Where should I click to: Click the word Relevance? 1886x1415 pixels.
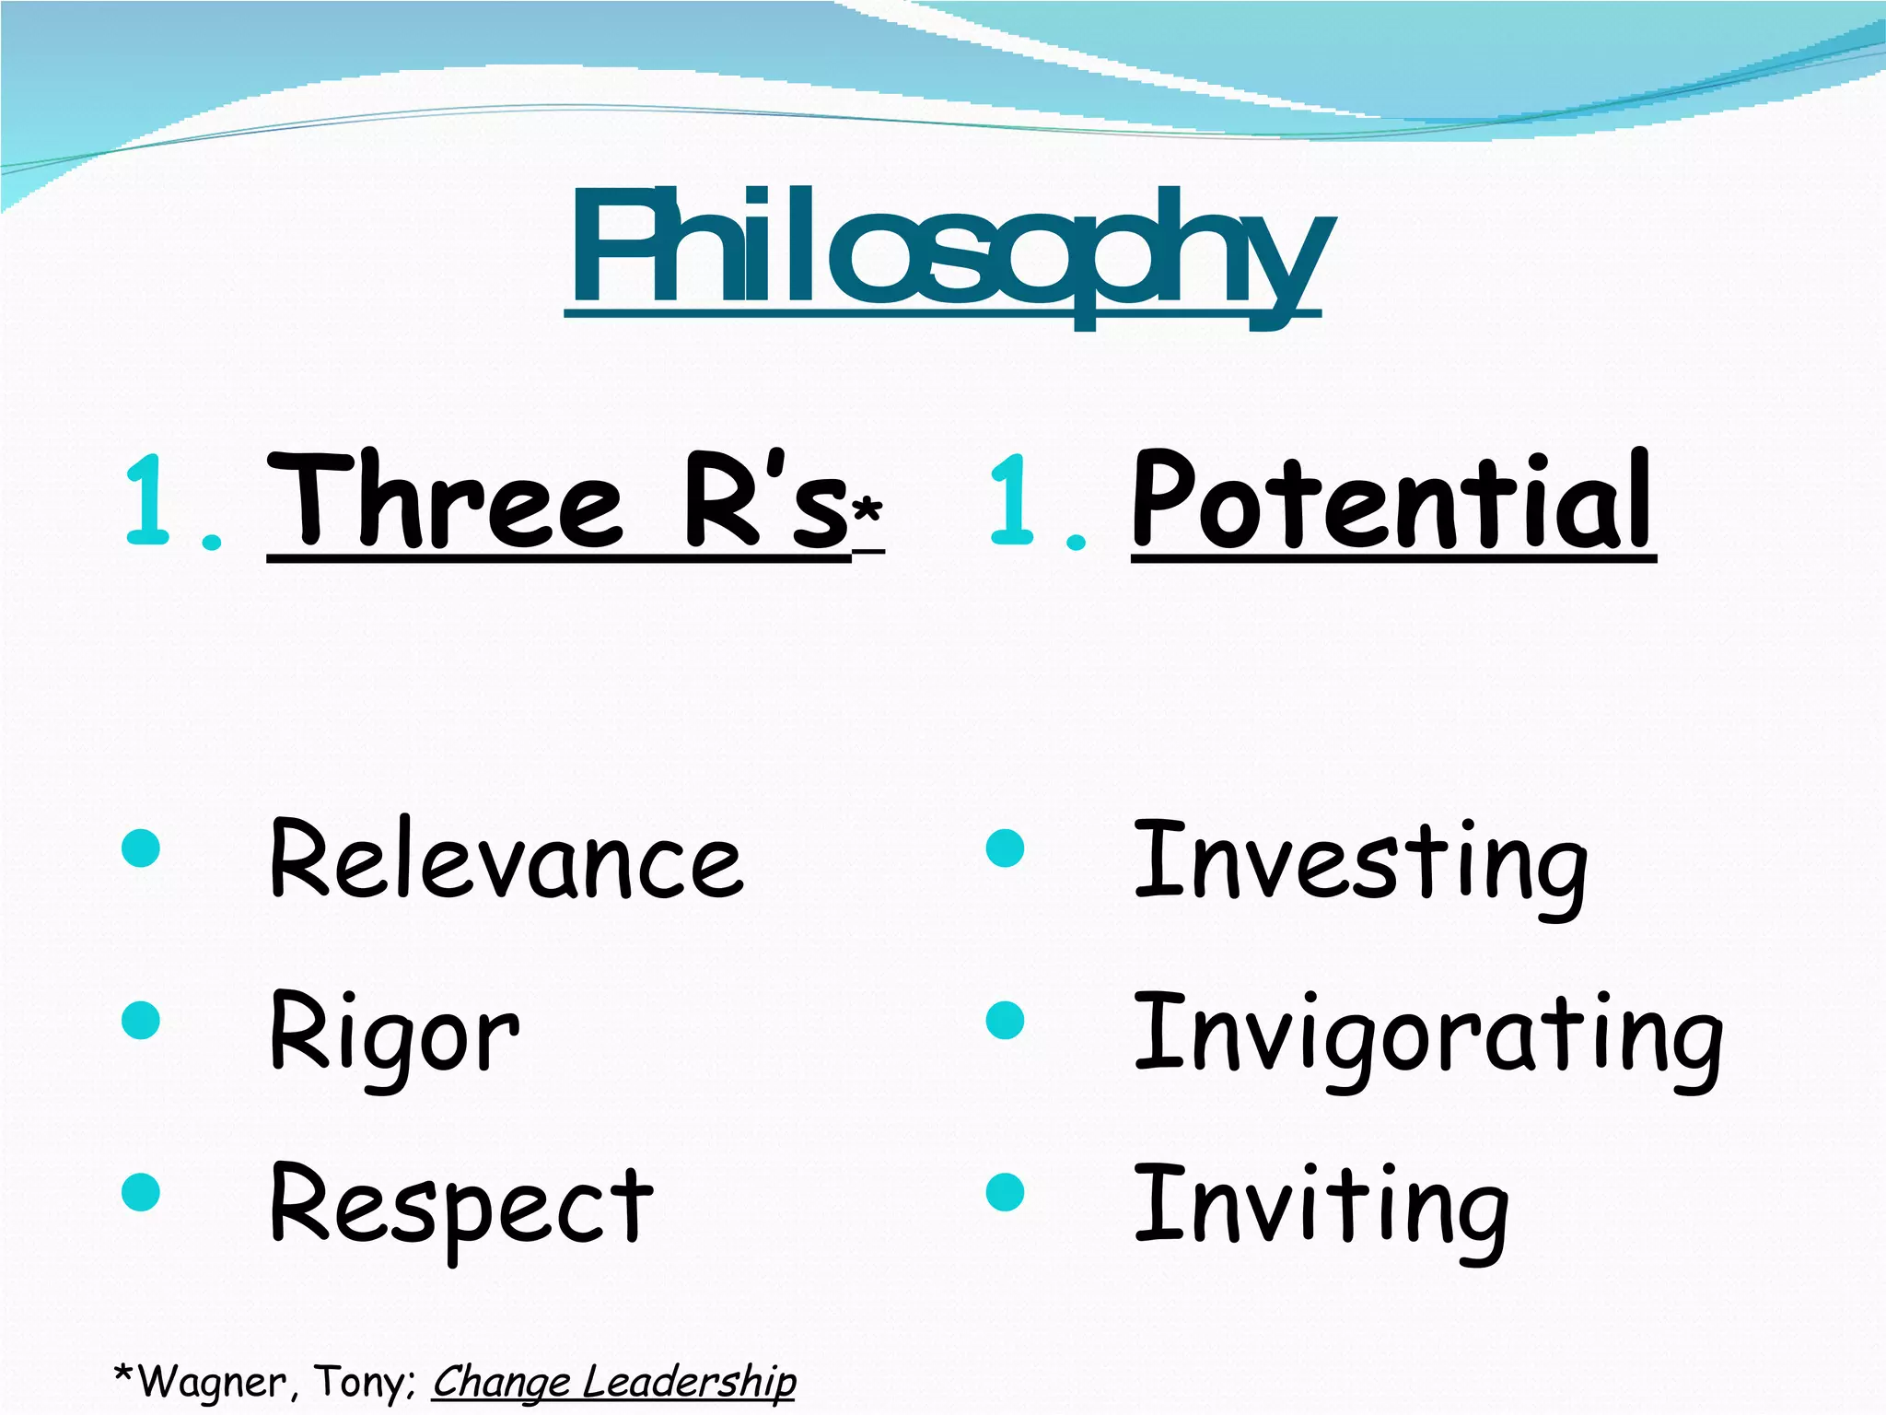pos(506,859)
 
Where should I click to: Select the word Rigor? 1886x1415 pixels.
pos(394,1034)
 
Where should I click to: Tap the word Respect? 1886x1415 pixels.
pos(460,1205)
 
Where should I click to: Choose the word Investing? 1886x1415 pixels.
pos(1360,861)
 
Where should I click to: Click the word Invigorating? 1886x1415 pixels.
pos(1427,1036)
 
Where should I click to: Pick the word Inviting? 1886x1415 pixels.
pos(1321,1207)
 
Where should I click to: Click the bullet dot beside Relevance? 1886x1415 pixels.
pos(141,848)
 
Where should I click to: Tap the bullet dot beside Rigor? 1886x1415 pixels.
pos(141,1021)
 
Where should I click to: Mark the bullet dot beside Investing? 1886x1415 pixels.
pos(1005,848)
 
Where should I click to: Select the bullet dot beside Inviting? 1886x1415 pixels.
pos(1005,1192)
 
